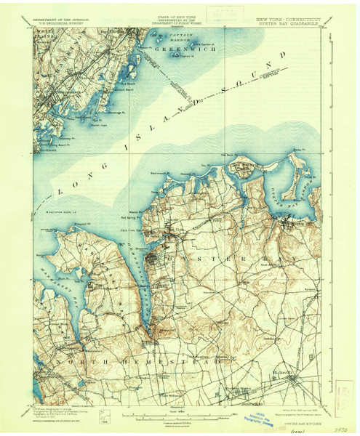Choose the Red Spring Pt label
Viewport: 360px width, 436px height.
(132, 217)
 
